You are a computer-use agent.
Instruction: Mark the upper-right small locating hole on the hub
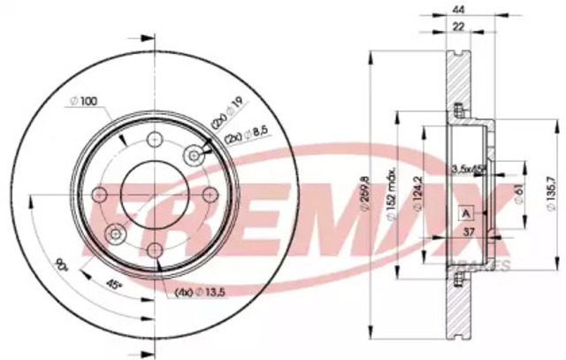(x=194, y=155)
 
